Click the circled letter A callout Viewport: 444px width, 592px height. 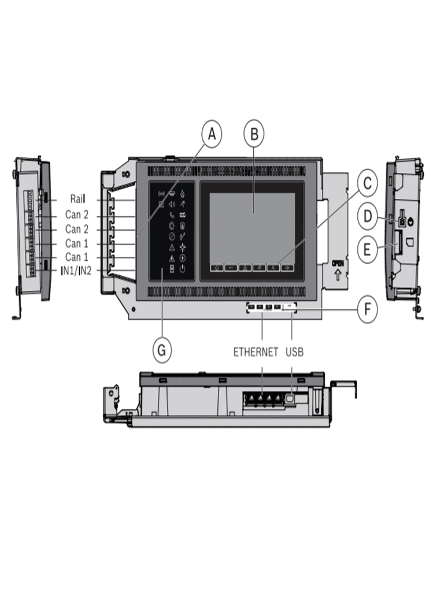tap(212, 134)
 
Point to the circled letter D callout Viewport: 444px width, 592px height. tap(367, 217)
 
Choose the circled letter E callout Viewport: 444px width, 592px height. tap(367, 250)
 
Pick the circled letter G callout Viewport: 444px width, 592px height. tap(162, 350)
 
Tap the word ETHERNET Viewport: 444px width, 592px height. tap(256, 351)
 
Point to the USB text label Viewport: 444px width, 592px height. tap(294, 351)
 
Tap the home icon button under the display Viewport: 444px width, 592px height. tap(217, 268)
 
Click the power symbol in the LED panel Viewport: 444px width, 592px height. tap(183, 268)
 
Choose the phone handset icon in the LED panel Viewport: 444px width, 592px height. tap(172, 214)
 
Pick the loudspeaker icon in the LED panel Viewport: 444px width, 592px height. tap(172, 203)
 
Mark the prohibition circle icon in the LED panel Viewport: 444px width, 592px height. tap(172, 236)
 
